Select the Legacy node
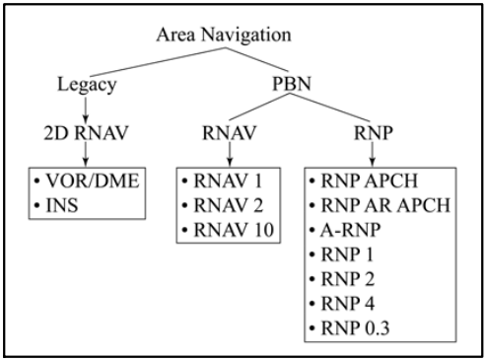(x=88, y=85)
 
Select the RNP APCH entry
(x=374, y=183)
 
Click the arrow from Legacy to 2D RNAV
(x=88, y=108)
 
